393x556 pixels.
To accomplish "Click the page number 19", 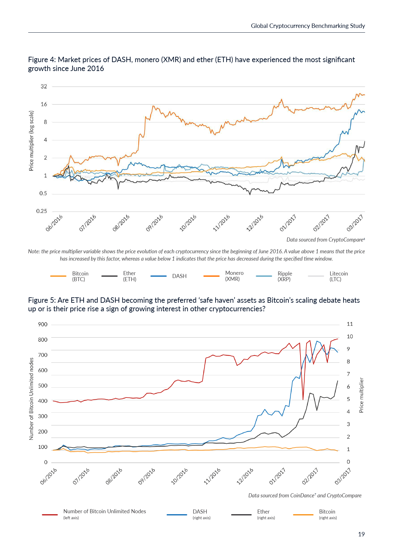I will (361, 534).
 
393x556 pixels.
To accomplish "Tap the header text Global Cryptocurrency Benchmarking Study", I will (308, 26).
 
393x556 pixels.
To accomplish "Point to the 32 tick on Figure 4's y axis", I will (44, 87).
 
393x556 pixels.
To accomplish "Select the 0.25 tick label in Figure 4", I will (42, 211).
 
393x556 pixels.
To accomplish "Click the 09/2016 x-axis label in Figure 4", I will (154, 223).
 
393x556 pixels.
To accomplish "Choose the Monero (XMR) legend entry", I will (234, 276).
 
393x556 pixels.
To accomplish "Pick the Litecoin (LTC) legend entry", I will (338, 276).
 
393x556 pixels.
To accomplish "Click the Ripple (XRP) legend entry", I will (285, 276).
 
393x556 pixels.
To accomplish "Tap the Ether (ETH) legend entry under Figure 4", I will (130, 276).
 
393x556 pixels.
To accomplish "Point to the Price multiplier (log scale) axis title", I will (31, 141).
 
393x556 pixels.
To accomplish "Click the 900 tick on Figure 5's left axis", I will (43, 324).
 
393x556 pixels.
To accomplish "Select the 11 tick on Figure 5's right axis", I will (350, 324).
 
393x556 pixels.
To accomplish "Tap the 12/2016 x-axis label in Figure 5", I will (245, 476).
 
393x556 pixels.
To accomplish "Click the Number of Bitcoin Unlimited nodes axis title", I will (31, 399).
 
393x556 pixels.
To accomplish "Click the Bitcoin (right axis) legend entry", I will (328, 514).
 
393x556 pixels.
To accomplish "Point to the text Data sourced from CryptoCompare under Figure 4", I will (325, 240).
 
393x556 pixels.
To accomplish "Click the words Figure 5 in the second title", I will (41, 300).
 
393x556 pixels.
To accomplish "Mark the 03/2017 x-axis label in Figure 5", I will (343, 476).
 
